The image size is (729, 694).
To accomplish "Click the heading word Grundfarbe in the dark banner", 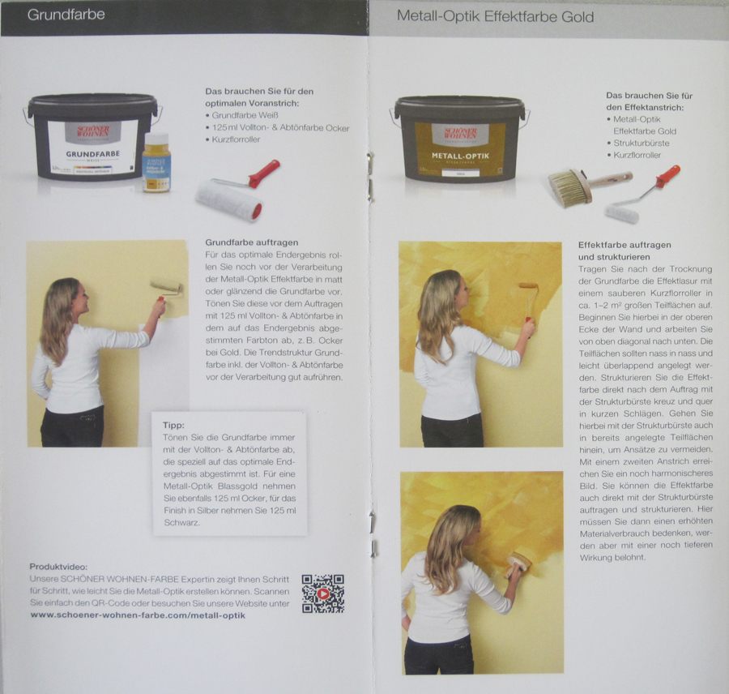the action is pyautogui.click(x=66, y=15).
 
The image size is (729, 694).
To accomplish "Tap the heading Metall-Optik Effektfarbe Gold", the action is pyautogui.click(x=495, y=17).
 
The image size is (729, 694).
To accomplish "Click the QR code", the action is pyautogui.click(x=322, y=593).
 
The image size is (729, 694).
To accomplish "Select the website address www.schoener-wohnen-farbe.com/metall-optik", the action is pyautogui.click(x=138, y=615).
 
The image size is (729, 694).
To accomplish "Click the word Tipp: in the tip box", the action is pyautogui.click(x=173, y=425).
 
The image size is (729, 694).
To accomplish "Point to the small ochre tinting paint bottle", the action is pyautogui.click(x=156, y=162).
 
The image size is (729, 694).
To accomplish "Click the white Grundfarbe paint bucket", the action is pyautogui.click(x=92, y=136).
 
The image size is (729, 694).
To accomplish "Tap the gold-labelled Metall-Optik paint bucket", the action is pyautogui.click(x=460, y=139).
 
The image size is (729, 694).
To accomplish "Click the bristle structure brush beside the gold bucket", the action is pyautogui.click(x=589, y=186).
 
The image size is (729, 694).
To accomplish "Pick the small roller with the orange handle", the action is pyautogui.click(x=642, y=195).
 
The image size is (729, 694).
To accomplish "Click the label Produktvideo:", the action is pyautogui.click(x=58, y=567).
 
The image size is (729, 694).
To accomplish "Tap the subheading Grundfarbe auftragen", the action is pyautogui.click(x=252, y=242).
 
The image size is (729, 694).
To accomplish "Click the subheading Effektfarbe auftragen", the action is pyautogui.click(x=625, y=245).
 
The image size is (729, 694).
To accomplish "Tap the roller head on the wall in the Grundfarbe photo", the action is pyautogui.click(x=166, y=286).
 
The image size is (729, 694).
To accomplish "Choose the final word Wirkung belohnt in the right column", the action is pyautogui.click(x=613, y=558).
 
